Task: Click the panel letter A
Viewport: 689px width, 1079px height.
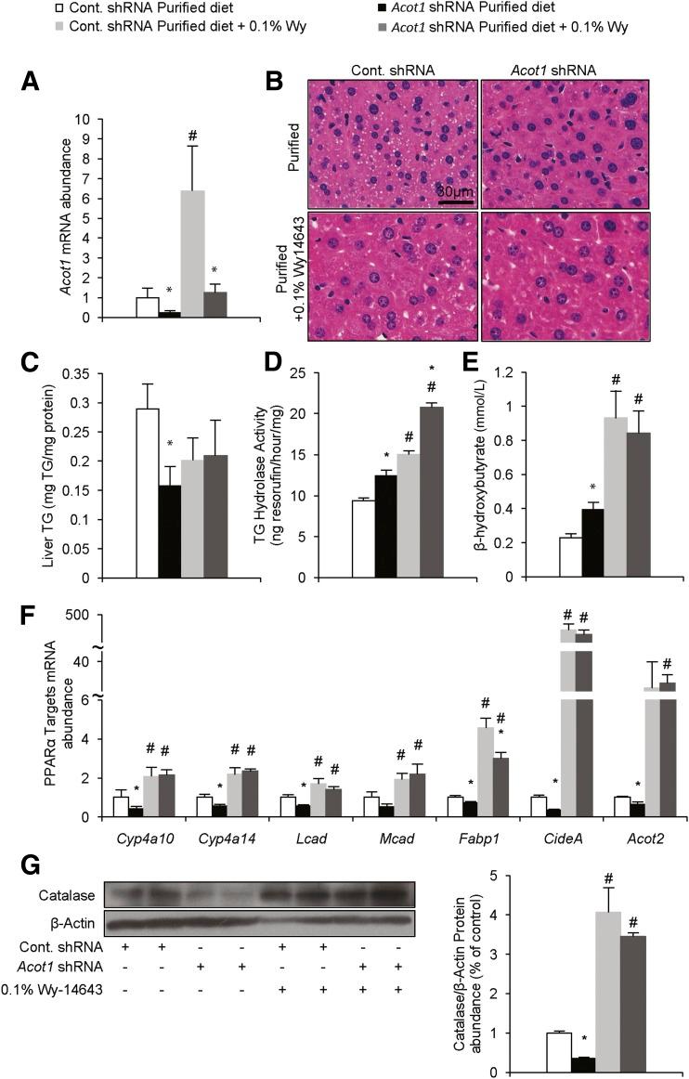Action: (x=31, y=84)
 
